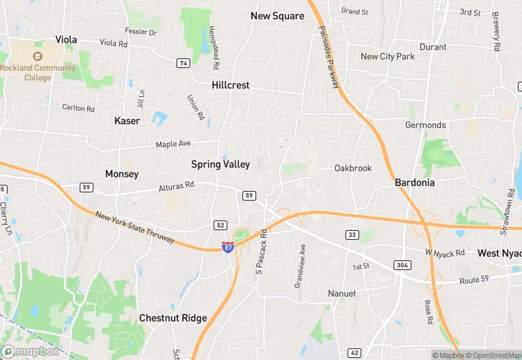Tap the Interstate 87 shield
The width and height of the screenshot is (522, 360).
tap(227, 247)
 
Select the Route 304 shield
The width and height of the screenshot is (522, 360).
tap(403, 265)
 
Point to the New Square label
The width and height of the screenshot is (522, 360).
tap(277, 16)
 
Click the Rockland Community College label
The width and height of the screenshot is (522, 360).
tap(37, 73)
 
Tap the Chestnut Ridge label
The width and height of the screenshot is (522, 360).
tap(172, 318)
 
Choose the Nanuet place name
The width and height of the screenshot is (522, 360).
tap(341, 293)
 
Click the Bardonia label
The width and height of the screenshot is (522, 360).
tap(416, 183)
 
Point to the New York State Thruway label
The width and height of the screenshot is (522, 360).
tap(135, 227)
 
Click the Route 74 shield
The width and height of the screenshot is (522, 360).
tap(183, 63)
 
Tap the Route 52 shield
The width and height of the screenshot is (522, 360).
tap(220, 225)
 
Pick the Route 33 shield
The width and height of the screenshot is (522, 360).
tap(352, 235)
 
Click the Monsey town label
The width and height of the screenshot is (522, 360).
tap(122, 175)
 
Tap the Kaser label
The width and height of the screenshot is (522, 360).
tap(127, 121)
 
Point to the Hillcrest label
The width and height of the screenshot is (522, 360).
tap(231, 85)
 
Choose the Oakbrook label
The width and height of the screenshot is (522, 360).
tap(352, 168)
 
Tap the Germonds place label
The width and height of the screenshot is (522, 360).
tap(425, 125)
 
